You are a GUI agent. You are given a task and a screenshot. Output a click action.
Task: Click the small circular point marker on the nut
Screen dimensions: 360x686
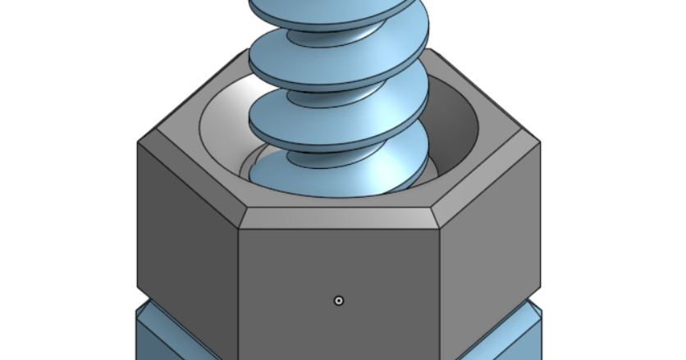[x=339, y=300]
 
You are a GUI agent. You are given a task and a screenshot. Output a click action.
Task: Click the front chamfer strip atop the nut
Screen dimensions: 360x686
[x=339, y=218]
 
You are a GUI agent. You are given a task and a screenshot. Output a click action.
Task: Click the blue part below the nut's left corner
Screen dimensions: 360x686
[x=164, y=332]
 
